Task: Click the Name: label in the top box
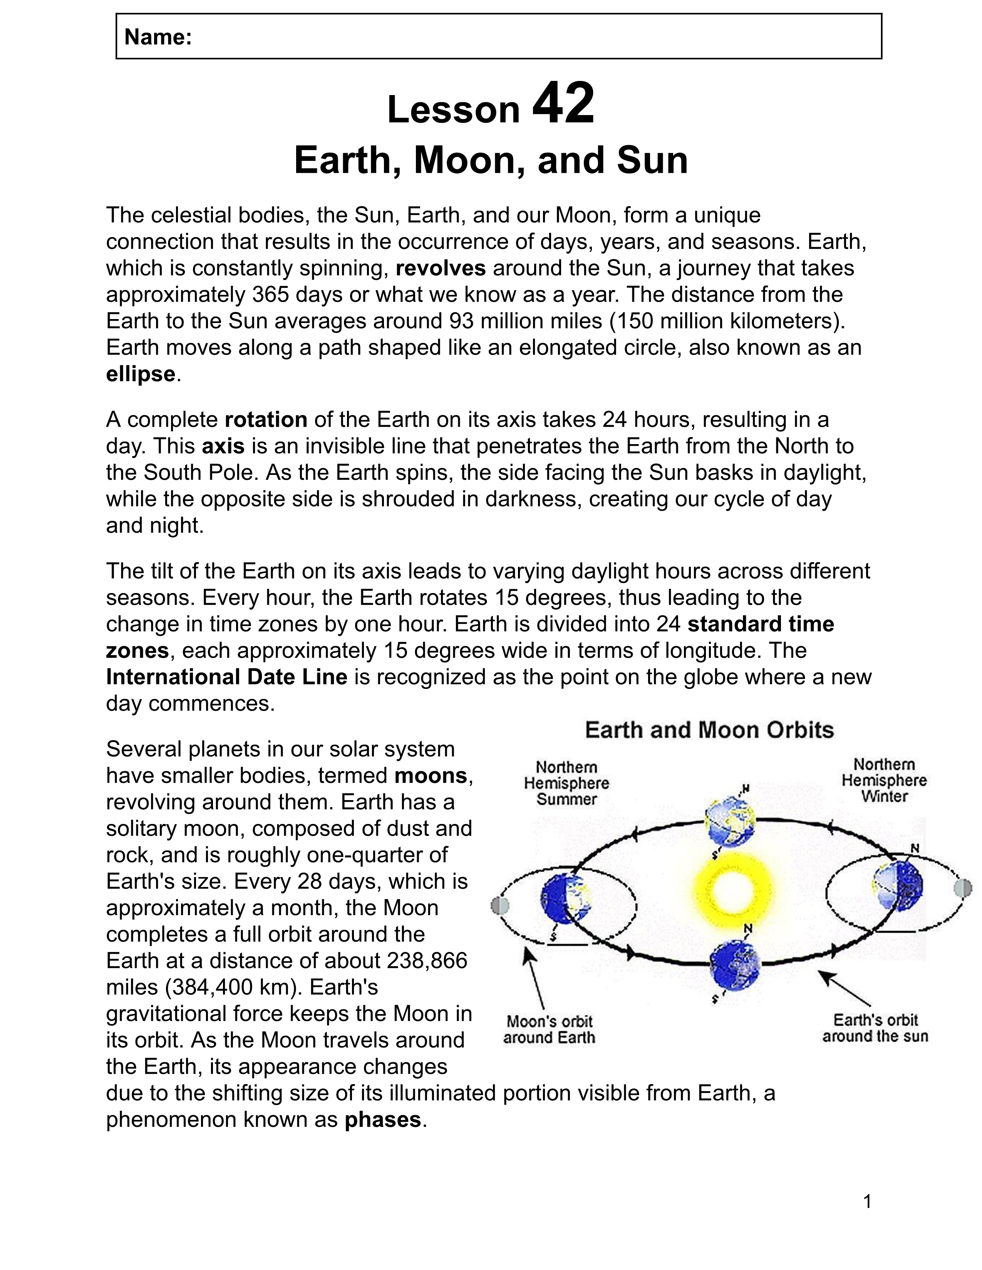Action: [158, 37]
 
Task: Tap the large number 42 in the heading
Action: [563, 104]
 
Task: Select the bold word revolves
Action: [441, 268]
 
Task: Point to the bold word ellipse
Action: [140, 374]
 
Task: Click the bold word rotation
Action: [266, 419]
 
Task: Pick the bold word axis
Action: [223, 446]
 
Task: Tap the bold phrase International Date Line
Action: [226, 677]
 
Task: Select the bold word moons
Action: [431, 775]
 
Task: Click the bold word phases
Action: [383, 1120]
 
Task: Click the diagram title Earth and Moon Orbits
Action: [709, 730]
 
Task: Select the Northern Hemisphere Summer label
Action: [566, 783]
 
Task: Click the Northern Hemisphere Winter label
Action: [884, 780]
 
